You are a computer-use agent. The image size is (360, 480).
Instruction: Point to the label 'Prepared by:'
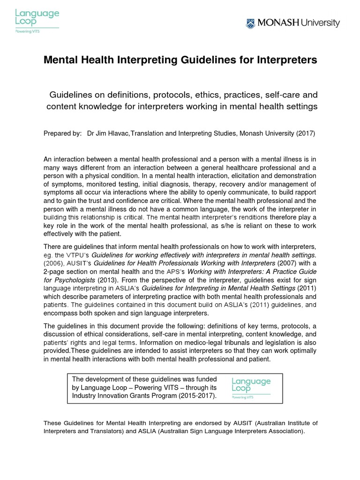pos(62,133)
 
